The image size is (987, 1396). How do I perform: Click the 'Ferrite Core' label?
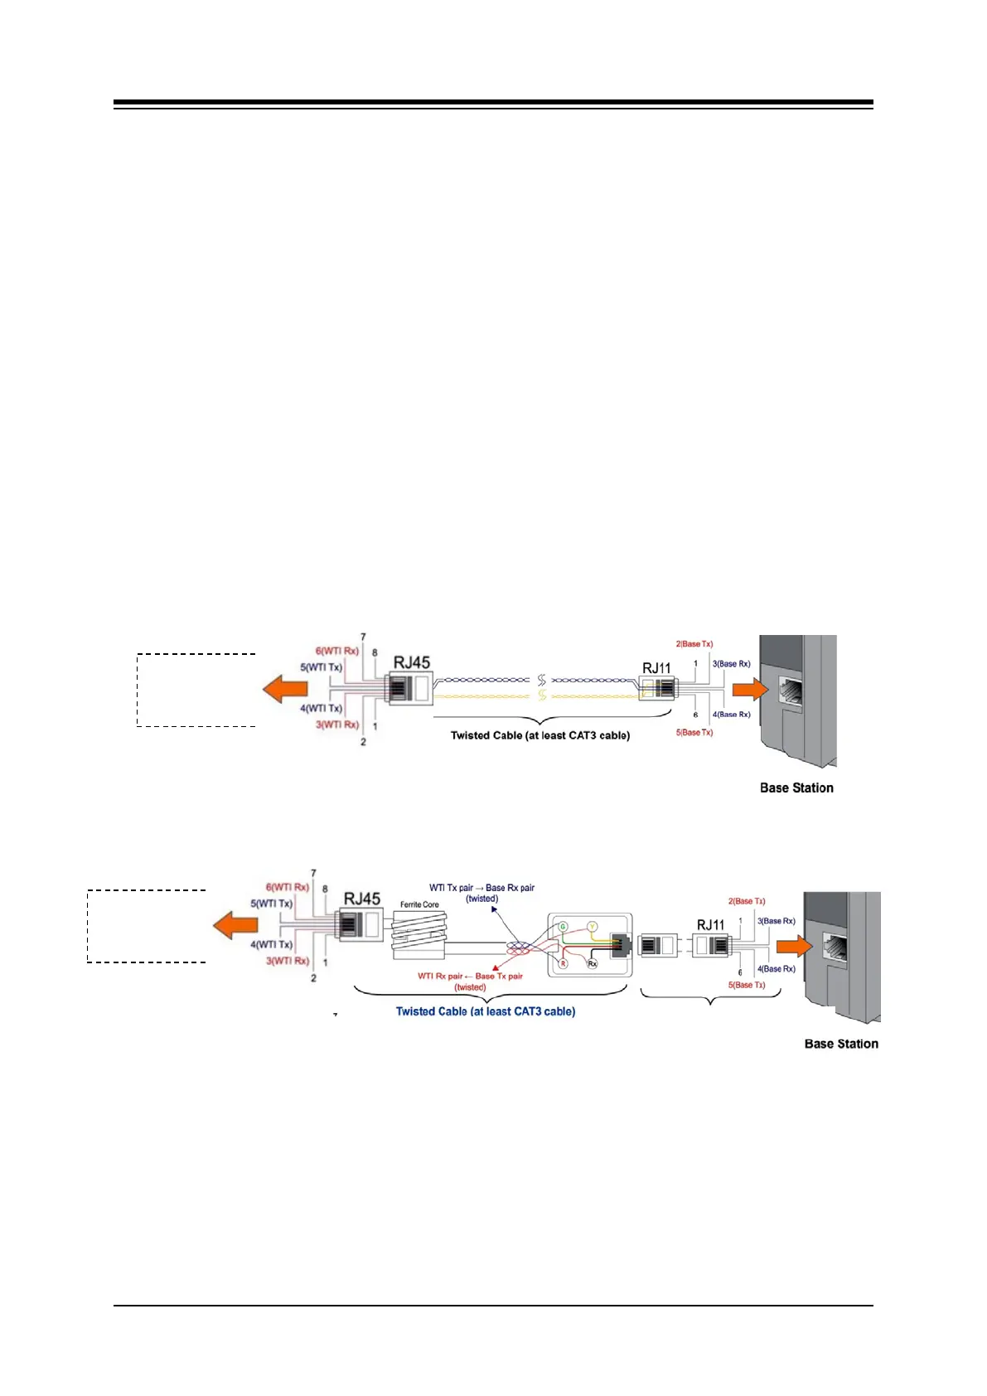[x=419, y=904]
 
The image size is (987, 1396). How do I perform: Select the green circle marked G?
[x=563, y=927]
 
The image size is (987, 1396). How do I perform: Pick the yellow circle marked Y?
[x=593, y=927]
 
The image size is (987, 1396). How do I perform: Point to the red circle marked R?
[x=563, y=963]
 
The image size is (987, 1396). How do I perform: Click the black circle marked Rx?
[x=593, y=963]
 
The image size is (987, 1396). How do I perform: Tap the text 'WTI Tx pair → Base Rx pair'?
[x=481, y=888]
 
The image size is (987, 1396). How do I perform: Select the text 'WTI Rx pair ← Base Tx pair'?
[x=470, y=976]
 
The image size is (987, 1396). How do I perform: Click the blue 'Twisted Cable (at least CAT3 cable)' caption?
[x=486, y=1011]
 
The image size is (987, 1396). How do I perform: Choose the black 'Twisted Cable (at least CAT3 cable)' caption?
[x=539, y=735]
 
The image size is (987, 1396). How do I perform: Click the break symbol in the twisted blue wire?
[x=542, y=681]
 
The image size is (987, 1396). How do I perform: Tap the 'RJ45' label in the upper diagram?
[x=412, y=662]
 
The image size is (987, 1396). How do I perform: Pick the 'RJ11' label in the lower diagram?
[x=710, y=924]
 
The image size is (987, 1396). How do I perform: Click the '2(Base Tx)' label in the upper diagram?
[x=694, y=644]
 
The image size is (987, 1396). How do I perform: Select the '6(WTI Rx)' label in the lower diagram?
[x=287, y=887]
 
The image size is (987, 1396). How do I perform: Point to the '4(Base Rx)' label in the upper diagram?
[x=731, y=714]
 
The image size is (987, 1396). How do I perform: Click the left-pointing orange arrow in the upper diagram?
[x=285, y=688]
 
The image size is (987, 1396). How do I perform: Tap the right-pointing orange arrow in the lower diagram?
[x=794, y=947]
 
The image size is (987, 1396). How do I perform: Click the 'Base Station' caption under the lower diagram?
[x=841, y=1044]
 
